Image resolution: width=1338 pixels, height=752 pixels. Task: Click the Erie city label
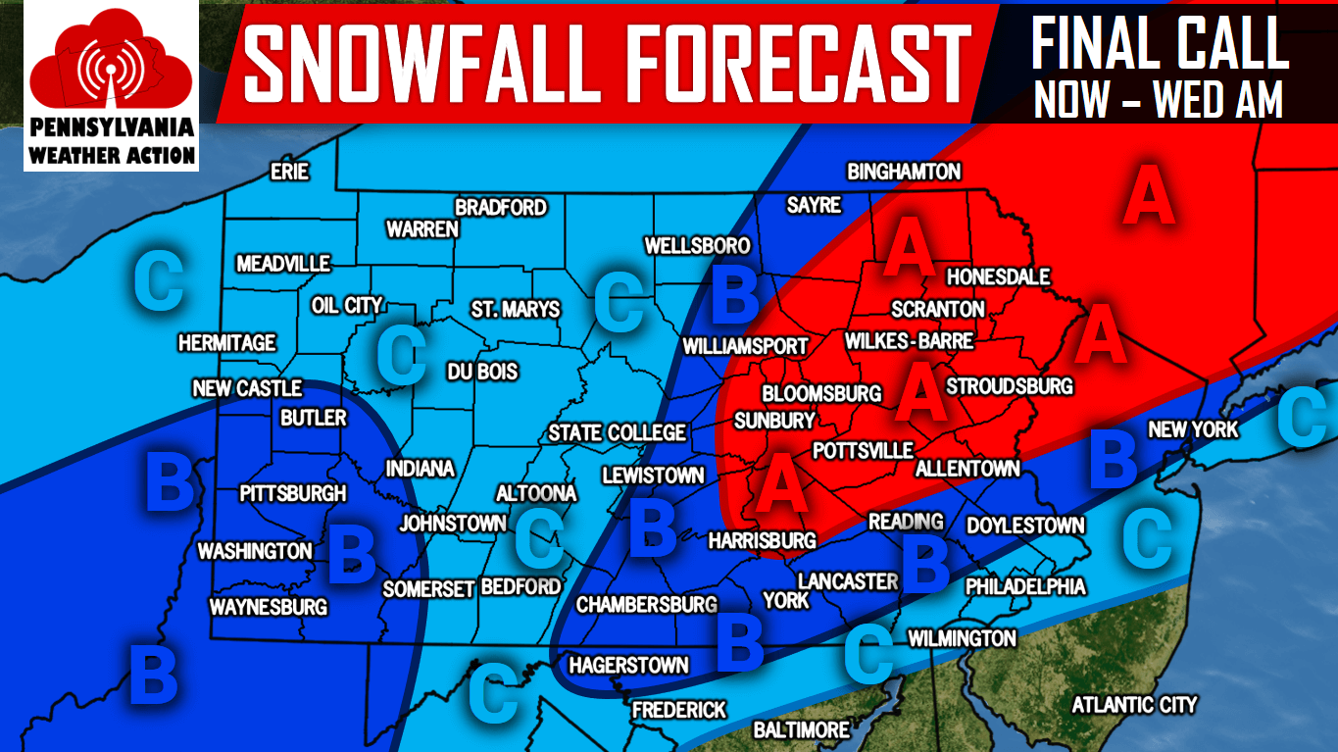(x=289, y=173)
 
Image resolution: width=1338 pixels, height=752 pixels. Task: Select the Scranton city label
(x=937, y=309)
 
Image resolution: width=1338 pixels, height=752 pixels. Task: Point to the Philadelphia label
(x=1025, y=586)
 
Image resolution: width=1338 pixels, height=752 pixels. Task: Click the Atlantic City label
(x=1134, y=705)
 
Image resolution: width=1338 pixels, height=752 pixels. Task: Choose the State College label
(x=617, y=432)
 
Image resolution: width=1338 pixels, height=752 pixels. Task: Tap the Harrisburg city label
(x=762, y=540)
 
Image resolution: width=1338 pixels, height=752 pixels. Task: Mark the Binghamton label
(x=904, y=173)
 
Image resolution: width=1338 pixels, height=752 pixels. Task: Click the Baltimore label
(x=801, y=730)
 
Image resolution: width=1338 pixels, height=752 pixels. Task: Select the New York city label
(x=1193, y=429)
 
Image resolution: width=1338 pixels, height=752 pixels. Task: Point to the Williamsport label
(x=745, y=346)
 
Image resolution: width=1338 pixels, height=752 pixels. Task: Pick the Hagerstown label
(x=628, y=665)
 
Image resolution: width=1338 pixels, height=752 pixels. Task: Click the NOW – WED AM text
(x=1159, y=99)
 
